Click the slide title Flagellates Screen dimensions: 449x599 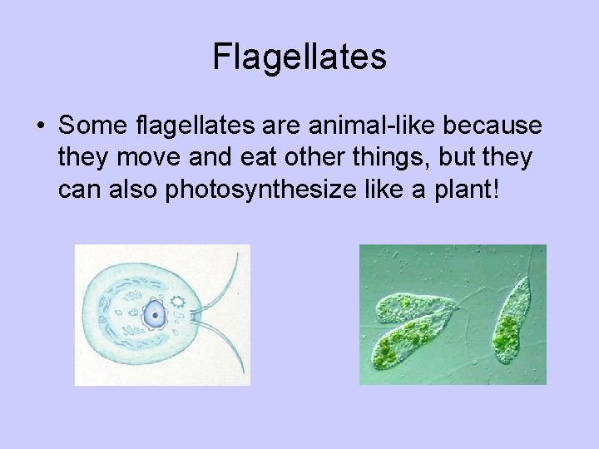click(x=299, y=57)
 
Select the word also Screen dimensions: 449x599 click(x=134, y=190)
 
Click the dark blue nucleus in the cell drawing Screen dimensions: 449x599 click(x=154, y=314)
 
